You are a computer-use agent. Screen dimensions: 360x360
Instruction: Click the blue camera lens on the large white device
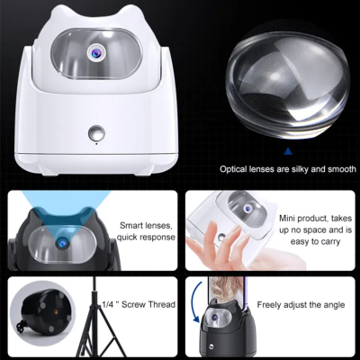96,53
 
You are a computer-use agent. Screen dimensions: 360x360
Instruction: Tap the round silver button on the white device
96,133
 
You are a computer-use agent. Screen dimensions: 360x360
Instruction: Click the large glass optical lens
288,85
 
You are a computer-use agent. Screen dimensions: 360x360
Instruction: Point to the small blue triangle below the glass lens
288,150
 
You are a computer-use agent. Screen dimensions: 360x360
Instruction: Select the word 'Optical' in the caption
233,169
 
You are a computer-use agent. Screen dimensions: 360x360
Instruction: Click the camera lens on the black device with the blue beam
63,243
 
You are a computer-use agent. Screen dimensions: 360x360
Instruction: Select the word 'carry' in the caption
329,242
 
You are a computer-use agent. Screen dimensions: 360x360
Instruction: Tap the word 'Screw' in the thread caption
137,304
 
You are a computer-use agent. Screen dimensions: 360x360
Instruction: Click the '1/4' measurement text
107,304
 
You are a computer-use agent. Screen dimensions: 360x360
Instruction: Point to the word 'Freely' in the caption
269,305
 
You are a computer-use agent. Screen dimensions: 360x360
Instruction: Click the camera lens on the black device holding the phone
215,317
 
